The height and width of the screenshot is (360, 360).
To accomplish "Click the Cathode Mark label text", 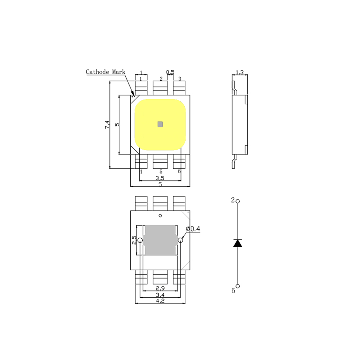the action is pos(105,72).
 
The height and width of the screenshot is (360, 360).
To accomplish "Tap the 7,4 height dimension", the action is pos(107,125).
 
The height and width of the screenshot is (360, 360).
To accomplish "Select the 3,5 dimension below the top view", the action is pos(160,178).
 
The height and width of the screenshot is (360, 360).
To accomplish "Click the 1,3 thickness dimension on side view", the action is pos(240,72).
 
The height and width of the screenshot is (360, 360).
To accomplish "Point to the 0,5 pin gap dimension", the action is pos(170,72).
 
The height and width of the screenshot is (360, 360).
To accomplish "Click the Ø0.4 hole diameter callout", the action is pos(193,229).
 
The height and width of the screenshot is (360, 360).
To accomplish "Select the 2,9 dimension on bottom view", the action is pos(160,288).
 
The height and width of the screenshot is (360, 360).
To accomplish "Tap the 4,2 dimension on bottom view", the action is pos(160,301).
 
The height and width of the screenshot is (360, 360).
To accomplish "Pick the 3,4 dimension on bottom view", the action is pos(160,294).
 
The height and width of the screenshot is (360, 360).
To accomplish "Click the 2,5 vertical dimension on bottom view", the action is pos(134,240).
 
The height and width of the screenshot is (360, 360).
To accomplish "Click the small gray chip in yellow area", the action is pos(160,124).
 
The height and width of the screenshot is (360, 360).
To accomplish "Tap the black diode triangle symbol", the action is pos(238,243).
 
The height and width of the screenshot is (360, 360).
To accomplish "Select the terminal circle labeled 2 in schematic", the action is pos(238,201).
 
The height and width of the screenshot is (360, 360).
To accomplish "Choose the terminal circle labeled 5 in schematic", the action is pos(238,286).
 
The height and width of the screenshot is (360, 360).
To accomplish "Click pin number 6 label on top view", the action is pos(179,171).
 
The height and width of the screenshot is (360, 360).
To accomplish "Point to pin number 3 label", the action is pos(180,79).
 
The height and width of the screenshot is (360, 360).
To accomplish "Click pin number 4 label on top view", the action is pos(141,171).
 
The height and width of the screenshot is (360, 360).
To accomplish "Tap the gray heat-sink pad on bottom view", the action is pos(160,240).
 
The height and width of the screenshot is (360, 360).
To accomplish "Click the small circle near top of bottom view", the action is pos(160,216).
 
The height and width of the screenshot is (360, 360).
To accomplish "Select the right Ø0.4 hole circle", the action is pos(180,240).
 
